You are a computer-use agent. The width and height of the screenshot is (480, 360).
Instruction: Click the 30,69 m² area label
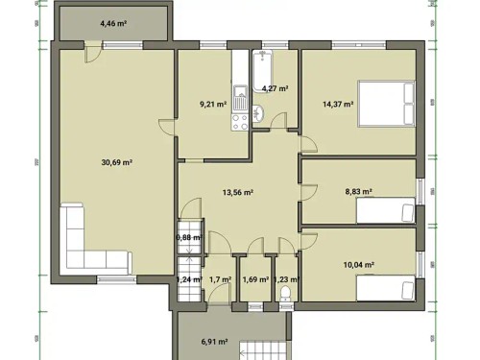115,162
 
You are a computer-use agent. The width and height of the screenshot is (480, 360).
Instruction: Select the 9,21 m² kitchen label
212,104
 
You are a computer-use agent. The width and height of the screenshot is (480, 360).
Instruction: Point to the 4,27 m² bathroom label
276,88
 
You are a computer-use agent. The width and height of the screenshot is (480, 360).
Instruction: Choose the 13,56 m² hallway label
237,192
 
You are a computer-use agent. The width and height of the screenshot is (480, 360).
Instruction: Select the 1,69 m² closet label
255,280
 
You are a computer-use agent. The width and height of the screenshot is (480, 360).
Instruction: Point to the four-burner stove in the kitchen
239,121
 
